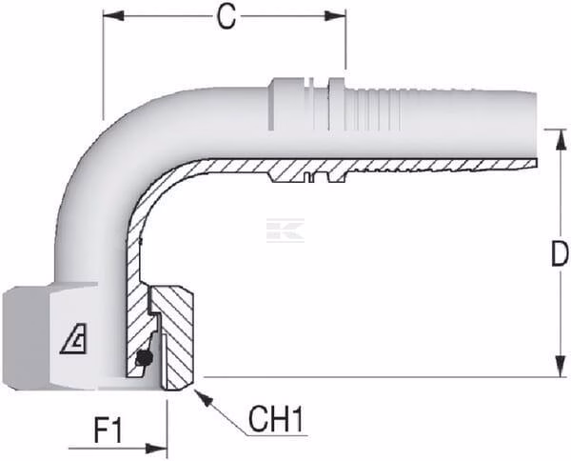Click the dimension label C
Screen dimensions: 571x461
point(226,17)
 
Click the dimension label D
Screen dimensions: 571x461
point(560,253)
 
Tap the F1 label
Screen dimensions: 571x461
point(108,431)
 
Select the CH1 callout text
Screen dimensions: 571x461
point(275,419)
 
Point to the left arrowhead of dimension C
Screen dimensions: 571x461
point(113,15)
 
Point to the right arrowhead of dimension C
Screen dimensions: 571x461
point(335,15)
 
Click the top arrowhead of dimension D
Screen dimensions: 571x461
point(561,140)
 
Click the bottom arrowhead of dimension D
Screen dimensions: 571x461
point(561,366)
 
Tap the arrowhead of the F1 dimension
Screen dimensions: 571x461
point(156,449)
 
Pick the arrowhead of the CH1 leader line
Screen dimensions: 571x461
point(204,398)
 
